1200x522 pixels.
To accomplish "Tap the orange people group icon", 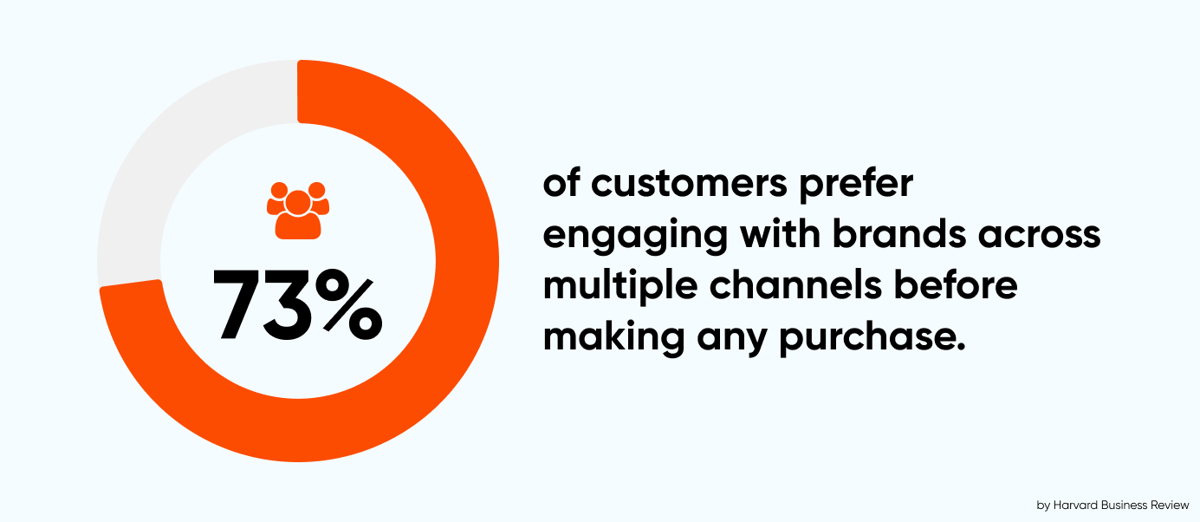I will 298,210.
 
